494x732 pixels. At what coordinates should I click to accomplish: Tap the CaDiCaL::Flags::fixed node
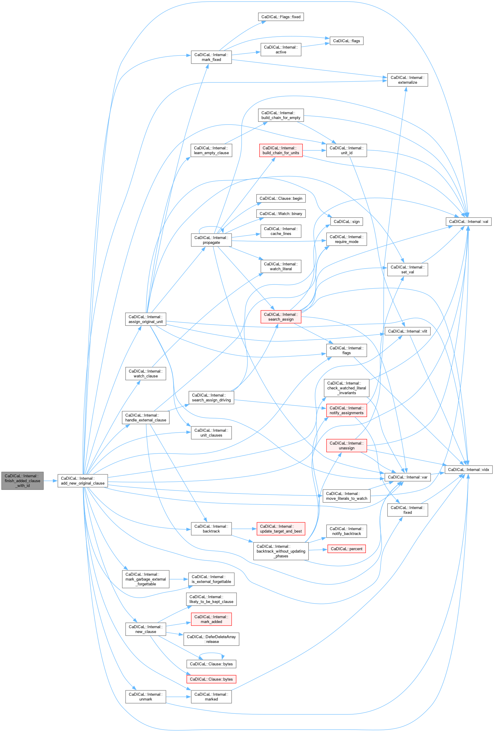point(281,17)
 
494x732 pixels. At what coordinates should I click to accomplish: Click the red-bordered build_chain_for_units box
point(281,151)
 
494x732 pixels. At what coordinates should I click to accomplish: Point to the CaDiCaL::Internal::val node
point(468,222)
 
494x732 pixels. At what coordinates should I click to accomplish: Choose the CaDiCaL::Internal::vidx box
point(468,469)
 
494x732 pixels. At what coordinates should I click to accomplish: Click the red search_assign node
point(281,317)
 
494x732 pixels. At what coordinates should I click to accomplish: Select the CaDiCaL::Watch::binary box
point(281,214)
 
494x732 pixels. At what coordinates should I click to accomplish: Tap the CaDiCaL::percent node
point(346,549)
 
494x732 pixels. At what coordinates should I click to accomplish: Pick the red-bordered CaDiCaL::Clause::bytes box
point(211,679)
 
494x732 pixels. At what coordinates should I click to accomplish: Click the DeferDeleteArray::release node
point(211,639)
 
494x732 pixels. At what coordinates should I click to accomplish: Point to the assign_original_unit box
point(146,319)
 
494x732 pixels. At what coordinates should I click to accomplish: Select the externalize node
point(407,80)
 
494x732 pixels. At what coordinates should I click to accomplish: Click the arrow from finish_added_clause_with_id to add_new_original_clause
point(50,481)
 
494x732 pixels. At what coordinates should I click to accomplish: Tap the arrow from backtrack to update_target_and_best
point(244,529)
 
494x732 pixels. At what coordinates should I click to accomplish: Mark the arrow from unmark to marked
point(178,697)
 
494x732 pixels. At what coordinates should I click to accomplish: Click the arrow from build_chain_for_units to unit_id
point(314,151)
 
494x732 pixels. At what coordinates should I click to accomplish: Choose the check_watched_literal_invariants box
point(346,388)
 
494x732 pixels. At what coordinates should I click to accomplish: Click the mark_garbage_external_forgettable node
point(146,579)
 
